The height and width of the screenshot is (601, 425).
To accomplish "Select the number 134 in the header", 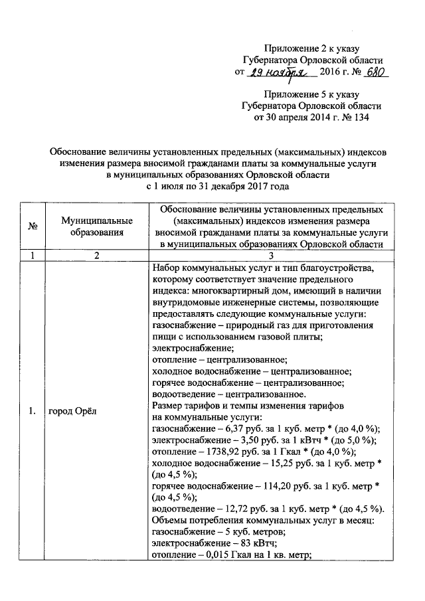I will click(x=359, y=118).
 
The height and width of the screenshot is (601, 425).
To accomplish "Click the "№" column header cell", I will click(x=32, y=226).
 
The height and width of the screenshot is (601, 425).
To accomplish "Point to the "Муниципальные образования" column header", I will click(x=96, y=226).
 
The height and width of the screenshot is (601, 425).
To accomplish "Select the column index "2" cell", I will click(x=96, y=255).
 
